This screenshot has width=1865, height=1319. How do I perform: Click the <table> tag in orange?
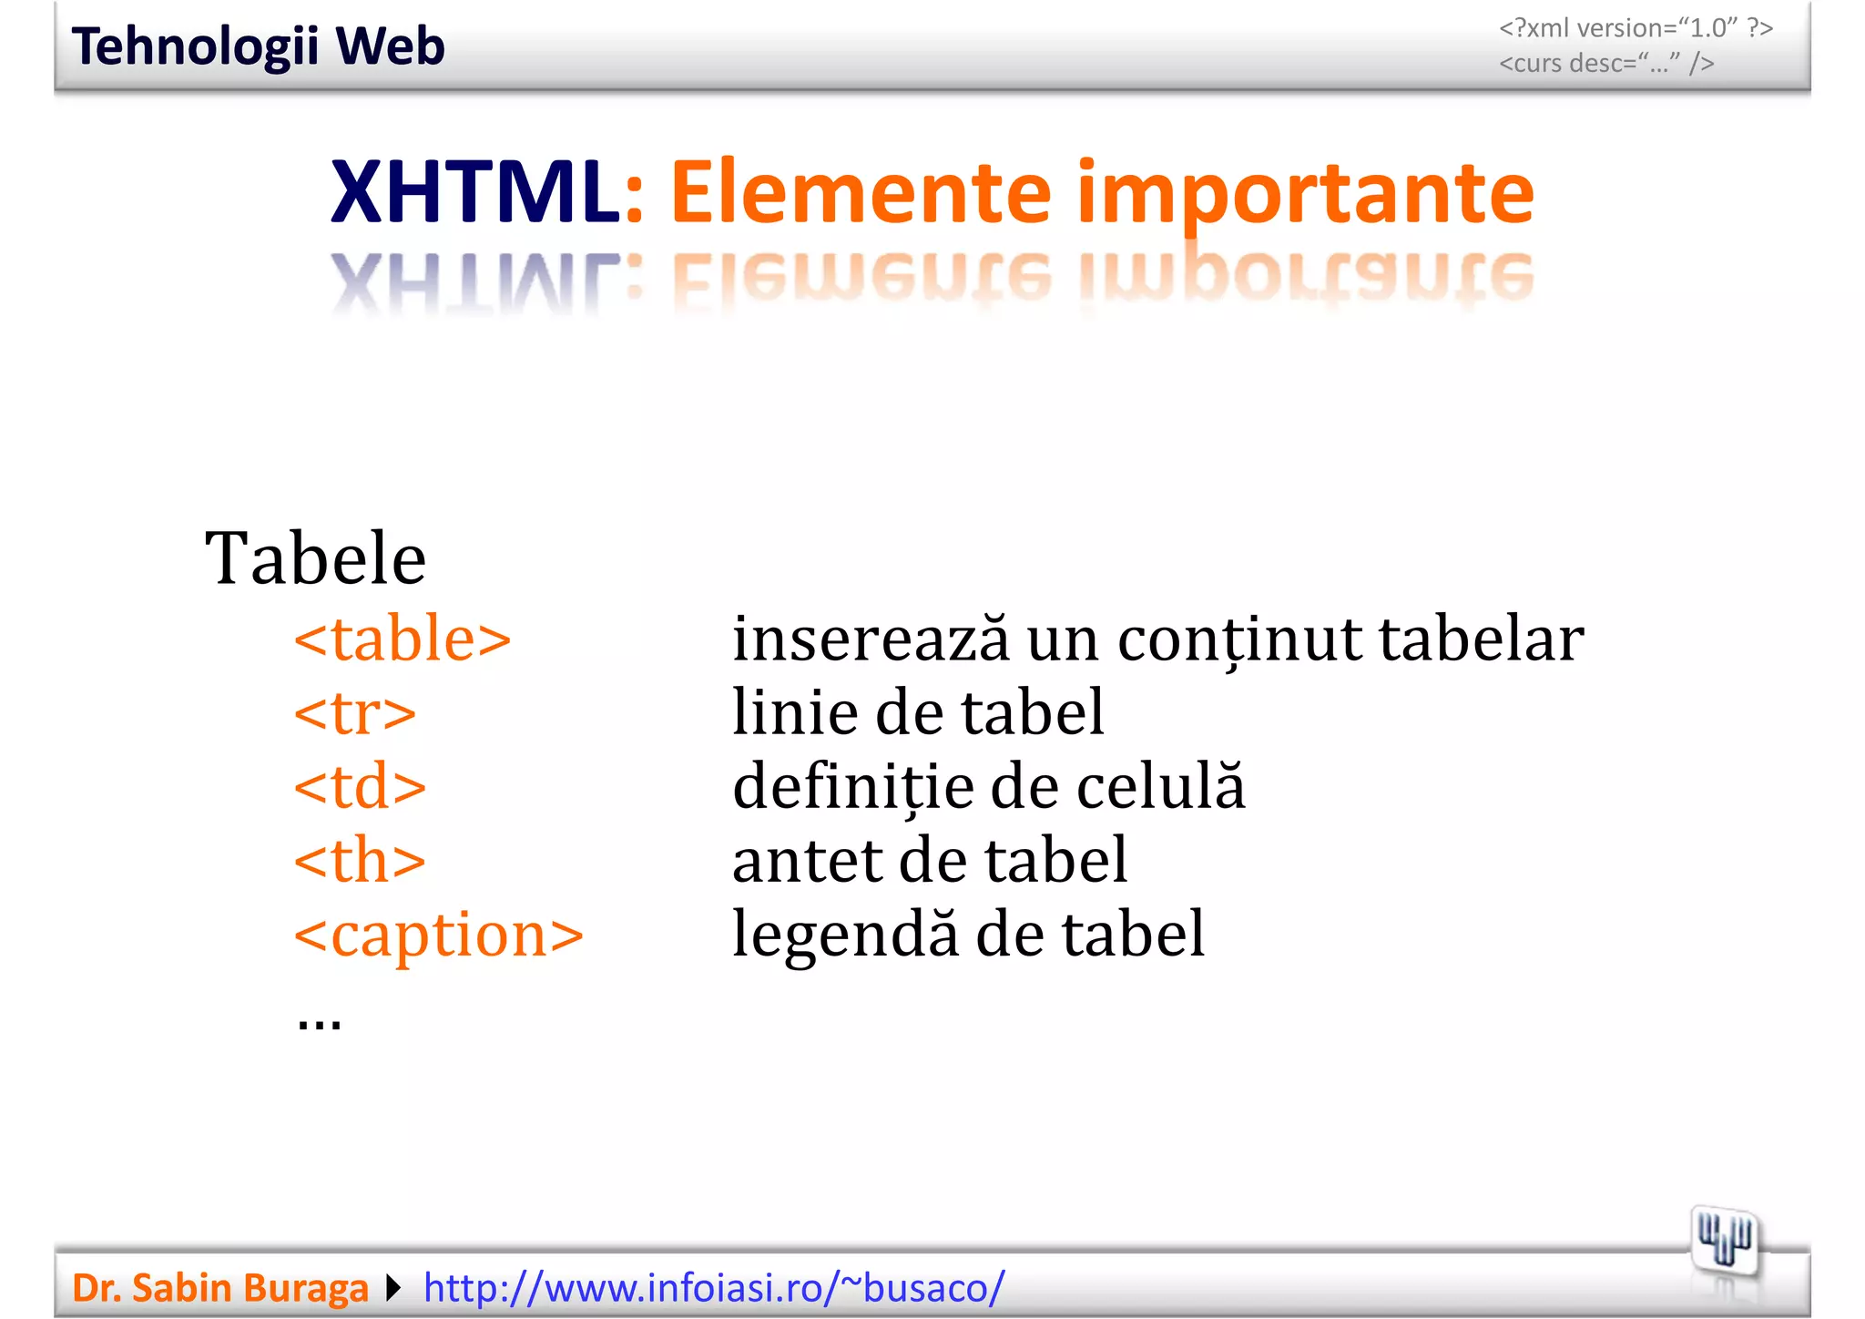pyautogui.click(x=402, y=639)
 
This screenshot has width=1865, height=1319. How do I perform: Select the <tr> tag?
pyautogui.click(x=354, y=712)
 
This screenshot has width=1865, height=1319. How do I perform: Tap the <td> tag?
pyautogui.click(x=360, y=786)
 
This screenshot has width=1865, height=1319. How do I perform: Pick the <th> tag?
pyautogui.click(x=360, y=860)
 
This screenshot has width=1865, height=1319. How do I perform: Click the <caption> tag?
pyautogui.click(x=438, y=935)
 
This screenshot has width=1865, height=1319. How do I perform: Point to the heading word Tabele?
pyautogui.click(x=315, y=557)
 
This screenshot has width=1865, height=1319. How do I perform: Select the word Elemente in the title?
pyautogui.click(x=861, y=192)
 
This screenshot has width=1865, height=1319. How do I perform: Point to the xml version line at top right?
pyautogui.click(x=1636, y=28)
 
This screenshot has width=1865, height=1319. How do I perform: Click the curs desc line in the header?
pyautogui.click(x=1606, y=64)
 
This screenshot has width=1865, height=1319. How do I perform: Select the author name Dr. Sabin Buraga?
pyautogui.click(x=220, y=1288)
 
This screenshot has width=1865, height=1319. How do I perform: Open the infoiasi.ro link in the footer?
pyautogui.click(x=714, y=1288)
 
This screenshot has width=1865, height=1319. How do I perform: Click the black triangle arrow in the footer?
pyautogui.click(x=393, y=1288)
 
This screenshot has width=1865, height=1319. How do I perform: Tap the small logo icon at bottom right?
pyautogui.click(x=1724, y=1240)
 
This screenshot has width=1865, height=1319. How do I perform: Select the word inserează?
pyautogui.click(x=871, y=639)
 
